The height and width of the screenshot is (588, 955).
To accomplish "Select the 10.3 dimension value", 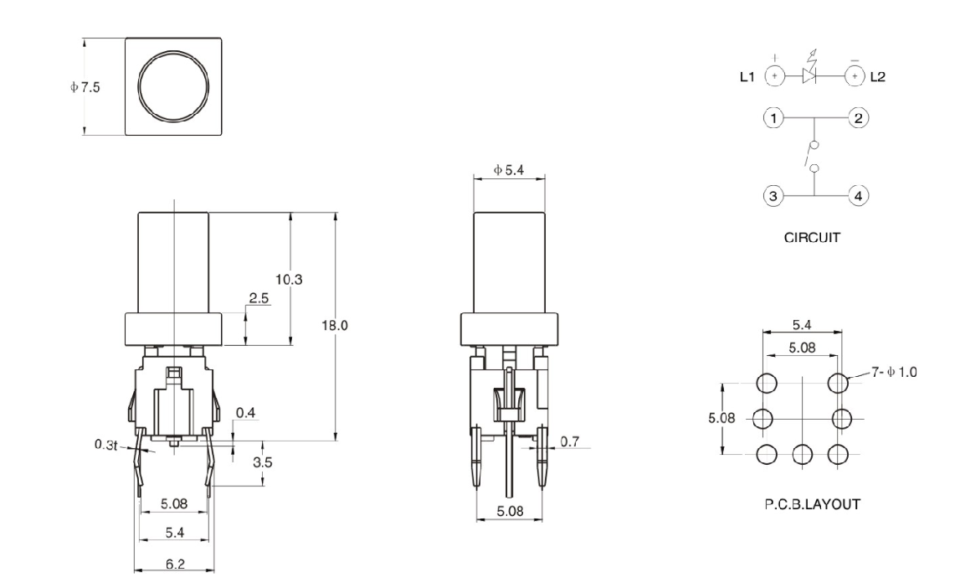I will point(289,279).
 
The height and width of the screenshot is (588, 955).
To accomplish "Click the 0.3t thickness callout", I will point(105,443).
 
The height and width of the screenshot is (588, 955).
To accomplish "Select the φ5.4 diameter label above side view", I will point(509,170).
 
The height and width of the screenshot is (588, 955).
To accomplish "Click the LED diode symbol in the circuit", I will point(809,75).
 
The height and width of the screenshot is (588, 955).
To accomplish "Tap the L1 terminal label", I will point(748,76).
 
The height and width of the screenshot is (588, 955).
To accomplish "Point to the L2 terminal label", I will point(877,76).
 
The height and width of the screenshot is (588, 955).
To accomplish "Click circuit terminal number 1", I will point(775,118).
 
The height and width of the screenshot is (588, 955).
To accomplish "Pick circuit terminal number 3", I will point(775,196).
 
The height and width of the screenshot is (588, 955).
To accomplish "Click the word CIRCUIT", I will point(812,238).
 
